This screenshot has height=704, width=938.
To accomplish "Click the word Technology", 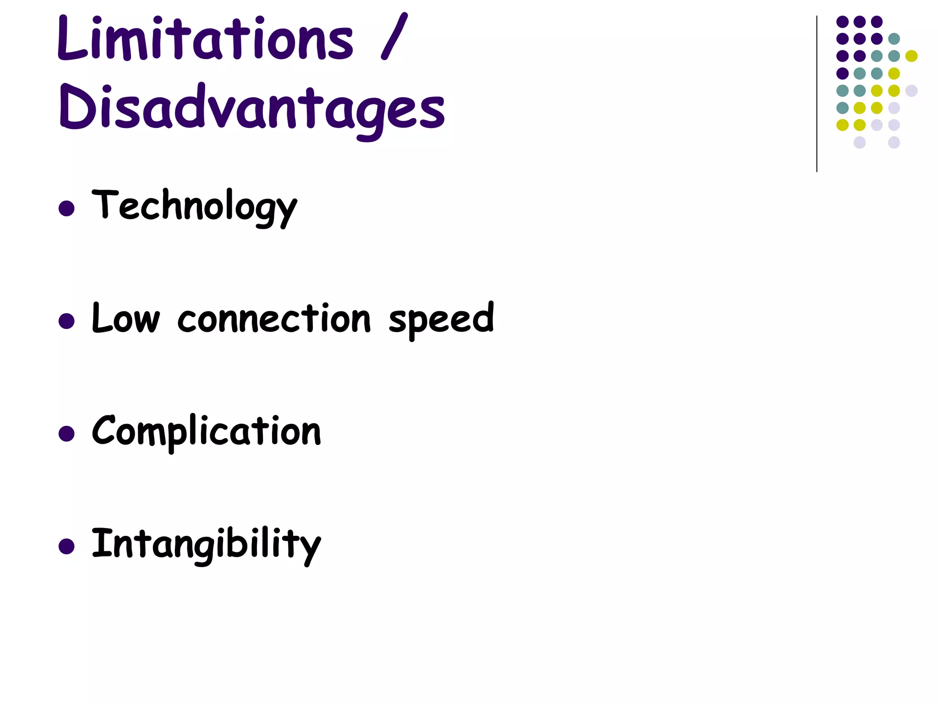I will click(x=195, y=206).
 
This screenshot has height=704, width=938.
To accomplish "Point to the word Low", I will click(x=126, y=319).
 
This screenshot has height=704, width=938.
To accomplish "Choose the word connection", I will click(x=274, y=319).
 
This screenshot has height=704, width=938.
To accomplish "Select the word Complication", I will click(x=206, y=431).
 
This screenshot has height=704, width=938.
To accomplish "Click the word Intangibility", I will click(x=206, y=544).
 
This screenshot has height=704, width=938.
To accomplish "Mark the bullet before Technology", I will click(x=67, y=209).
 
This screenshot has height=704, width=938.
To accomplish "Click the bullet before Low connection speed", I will click(x=67, y=321).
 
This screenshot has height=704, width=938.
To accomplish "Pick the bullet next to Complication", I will click(x=67, y=434).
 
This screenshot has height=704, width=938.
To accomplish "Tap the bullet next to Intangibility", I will click(x=67, y=546).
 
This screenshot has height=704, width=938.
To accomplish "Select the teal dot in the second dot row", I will click(x=894, y=39).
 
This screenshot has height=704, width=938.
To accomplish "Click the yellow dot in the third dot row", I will click(x=911, y=56).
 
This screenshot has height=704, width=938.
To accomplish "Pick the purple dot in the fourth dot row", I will click(x=843, y=73).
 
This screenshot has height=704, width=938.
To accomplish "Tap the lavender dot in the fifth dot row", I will click(x=911, y=91).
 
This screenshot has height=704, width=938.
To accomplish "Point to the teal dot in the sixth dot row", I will click(x=843, y=108).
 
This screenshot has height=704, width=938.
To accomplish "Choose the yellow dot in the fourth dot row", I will click(x=894, y=73).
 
